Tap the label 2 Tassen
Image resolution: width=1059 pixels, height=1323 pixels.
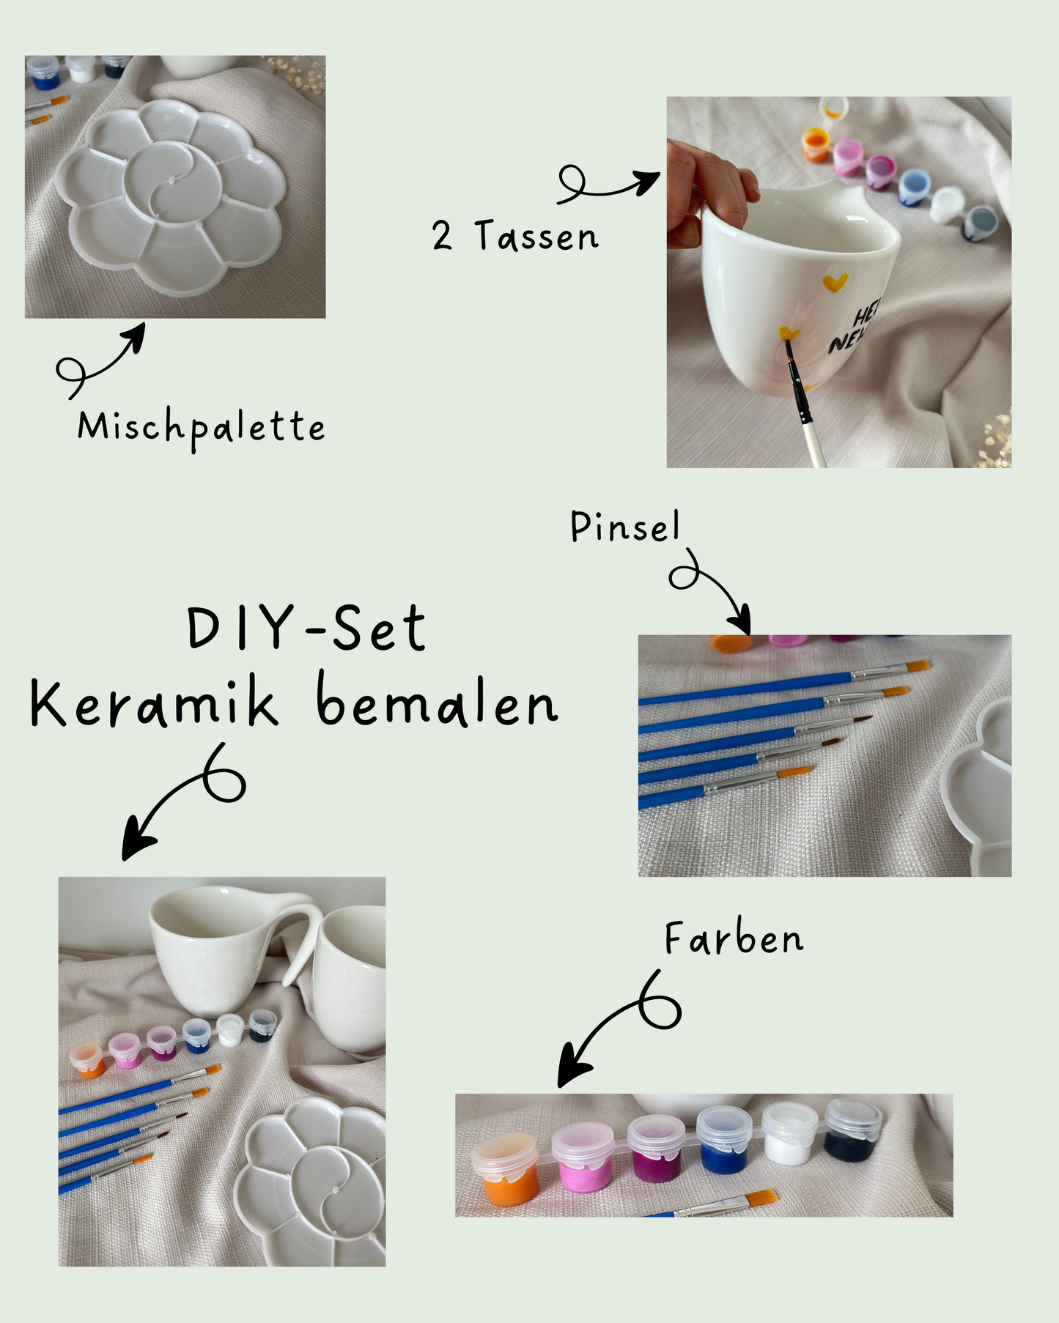click(514, 236)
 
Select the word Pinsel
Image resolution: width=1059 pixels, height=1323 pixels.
click(625, 527)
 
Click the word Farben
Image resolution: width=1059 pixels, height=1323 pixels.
click(734, 938)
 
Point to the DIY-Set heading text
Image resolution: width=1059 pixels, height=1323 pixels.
click(306, 629)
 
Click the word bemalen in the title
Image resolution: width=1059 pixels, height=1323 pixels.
click(437, 703)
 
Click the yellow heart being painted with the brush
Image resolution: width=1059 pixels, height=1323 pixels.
click(789, 333)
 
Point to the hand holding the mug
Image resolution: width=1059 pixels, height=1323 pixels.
click(704, 183)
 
